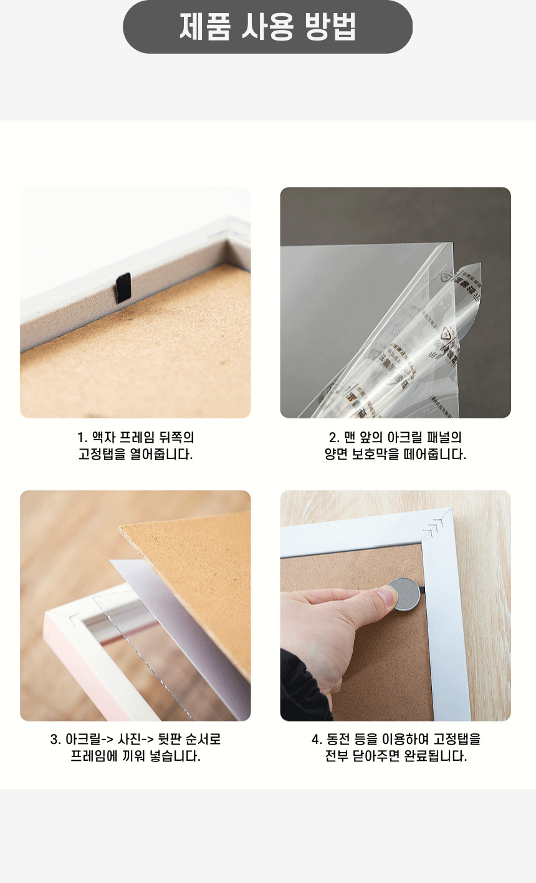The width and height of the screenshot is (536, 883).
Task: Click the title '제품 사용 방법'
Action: tap(267, 26)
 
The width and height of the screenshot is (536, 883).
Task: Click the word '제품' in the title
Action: tap(204, 26)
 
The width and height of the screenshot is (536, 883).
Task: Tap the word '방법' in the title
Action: tap(331, 26)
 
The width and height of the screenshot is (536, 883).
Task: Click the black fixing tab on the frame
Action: tap(123, 287)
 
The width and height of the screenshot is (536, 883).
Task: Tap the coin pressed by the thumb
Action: tap(405, 594)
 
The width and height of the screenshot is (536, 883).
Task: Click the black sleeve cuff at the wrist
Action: tap(303, 687)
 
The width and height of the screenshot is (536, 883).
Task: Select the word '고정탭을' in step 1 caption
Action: tap(102, 454)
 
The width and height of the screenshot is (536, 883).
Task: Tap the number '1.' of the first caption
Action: tap(82, 438)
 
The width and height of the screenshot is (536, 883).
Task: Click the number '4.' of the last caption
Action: tap(317, 740)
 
